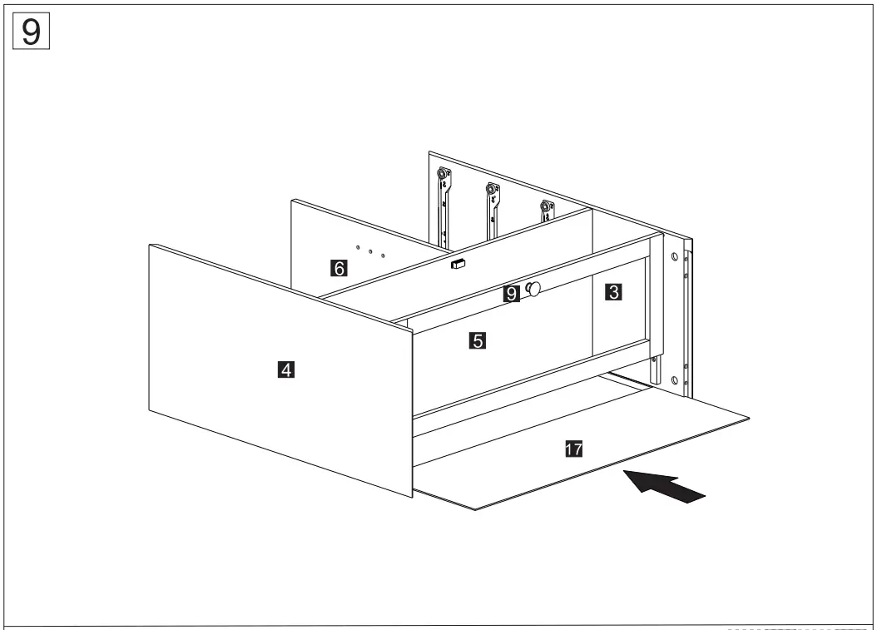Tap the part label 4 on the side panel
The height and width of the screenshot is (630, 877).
(285, 370)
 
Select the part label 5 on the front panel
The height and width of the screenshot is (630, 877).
(477, 340)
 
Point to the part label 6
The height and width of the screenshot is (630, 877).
(338, 268)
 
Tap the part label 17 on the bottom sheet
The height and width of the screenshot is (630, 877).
(572, 449)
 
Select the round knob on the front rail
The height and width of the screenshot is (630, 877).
(533, 289)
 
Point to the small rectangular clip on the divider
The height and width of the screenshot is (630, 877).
(457, 265)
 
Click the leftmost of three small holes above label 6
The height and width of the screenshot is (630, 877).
(358, 246)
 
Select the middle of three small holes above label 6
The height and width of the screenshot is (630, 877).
(370, 251)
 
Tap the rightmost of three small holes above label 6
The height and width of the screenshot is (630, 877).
(382, 255)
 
